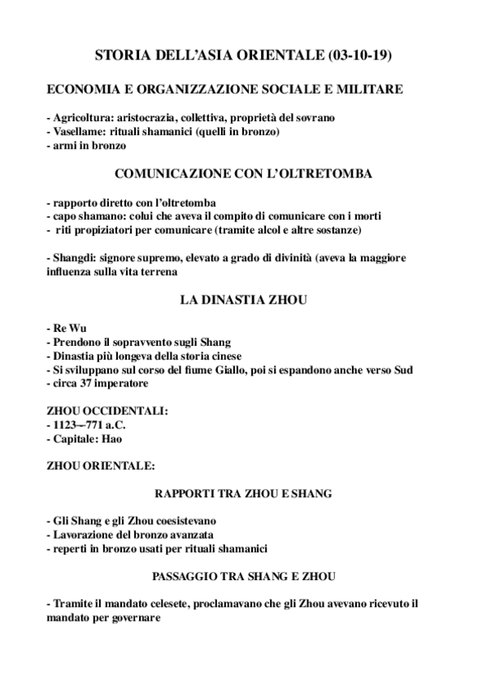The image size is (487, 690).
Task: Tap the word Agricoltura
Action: pos(82,118)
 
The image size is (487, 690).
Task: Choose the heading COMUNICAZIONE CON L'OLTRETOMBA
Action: pos(243,173)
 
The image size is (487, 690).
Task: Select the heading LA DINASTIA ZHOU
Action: pos(243,300)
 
